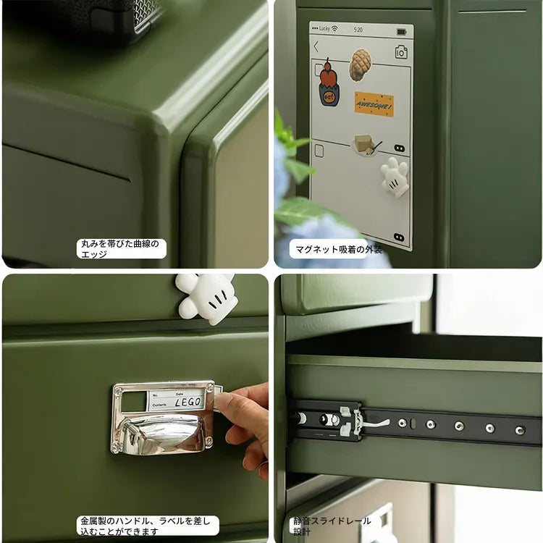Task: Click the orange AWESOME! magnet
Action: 374,104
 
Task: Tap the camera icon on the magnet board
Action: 401,51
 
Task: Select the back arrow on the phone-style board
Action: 316,47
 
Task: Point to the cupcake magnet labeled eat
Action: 329,84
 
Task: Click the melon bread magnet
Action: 360,65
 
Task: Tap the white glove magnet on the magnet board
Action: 395,176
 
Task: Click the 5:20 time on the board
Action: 358,30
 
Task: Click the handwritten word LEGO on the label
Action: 188,401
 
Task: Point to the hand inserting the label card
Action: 243,420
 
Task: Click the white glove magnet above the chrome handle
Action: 207,297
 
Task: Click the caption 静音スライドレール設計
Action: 332,526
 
